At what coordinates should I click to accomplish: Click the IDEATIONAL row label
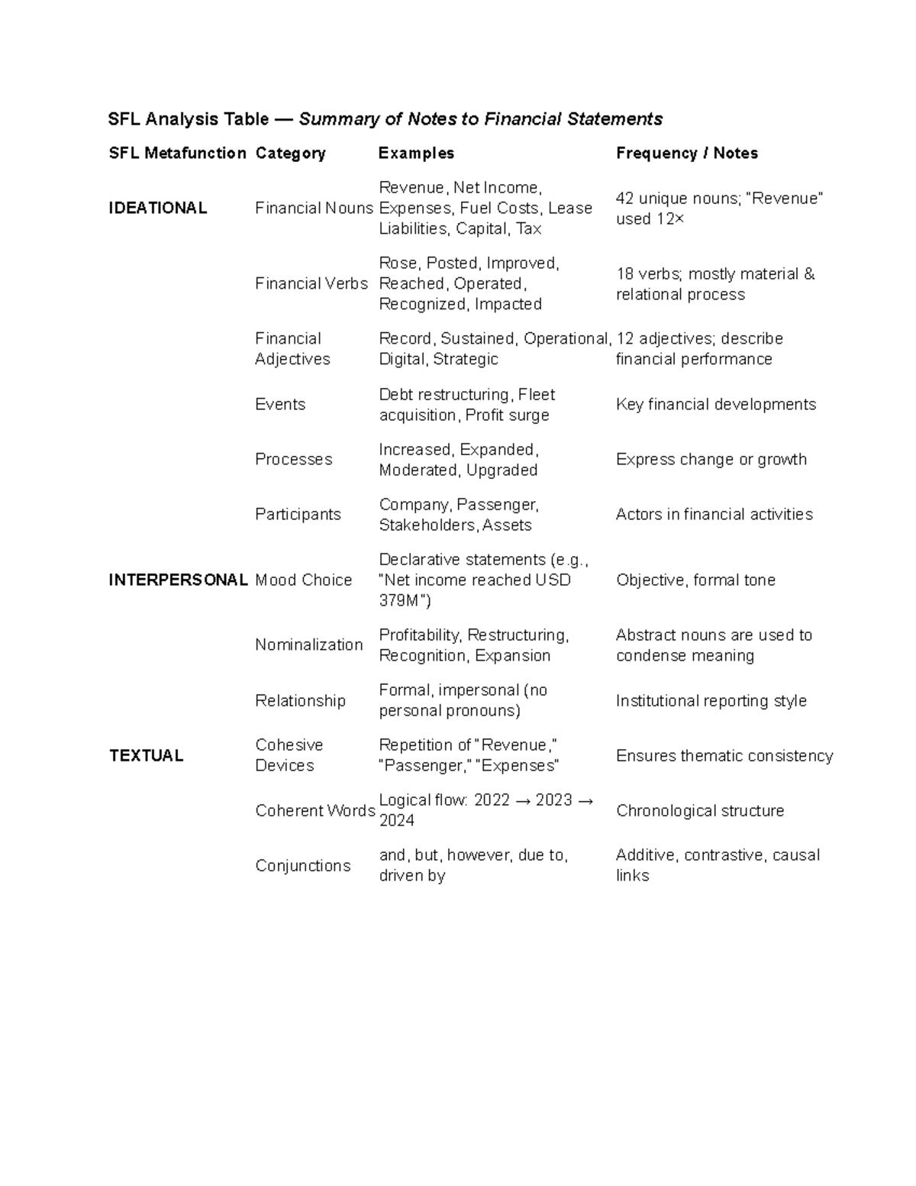click(158, 208)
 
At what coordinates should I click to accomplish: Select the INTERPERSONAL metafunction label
click(178, 580)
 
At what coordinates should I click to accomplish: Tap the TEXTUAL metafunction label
click(146, 755)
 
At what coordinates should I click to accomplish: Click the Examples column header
click(416, 153)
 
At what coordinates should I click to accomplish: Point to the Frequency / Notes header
click(686, 153)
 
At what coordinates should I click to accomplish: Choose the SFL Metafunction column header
click(177, 153)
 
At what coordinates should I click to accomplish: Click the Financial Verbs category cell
click(311, 283)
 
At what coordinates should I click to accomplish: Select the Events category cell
click(280, 404)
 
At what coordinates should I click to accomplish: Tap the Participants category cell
click(298, 514)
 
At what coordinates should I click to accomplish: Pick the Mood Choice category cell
click(304, 580)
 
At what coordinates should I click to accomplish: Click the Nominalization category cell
click(309, 645)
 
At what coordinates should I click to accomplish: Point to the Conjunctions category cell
click(303, 865)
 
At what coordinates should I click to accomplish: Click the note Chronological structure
click(700, 810)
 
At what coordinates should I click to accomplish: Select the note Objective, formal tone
click(695, 580)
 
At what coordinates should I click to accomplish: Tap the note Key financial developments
click(716, 404)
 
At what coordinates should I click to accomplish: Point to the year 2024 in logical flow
click(397, 820)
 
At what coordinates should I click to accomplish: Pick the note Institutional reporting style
click(711, 700)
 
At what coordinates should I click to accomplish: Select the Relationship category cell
click(300, 700)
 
